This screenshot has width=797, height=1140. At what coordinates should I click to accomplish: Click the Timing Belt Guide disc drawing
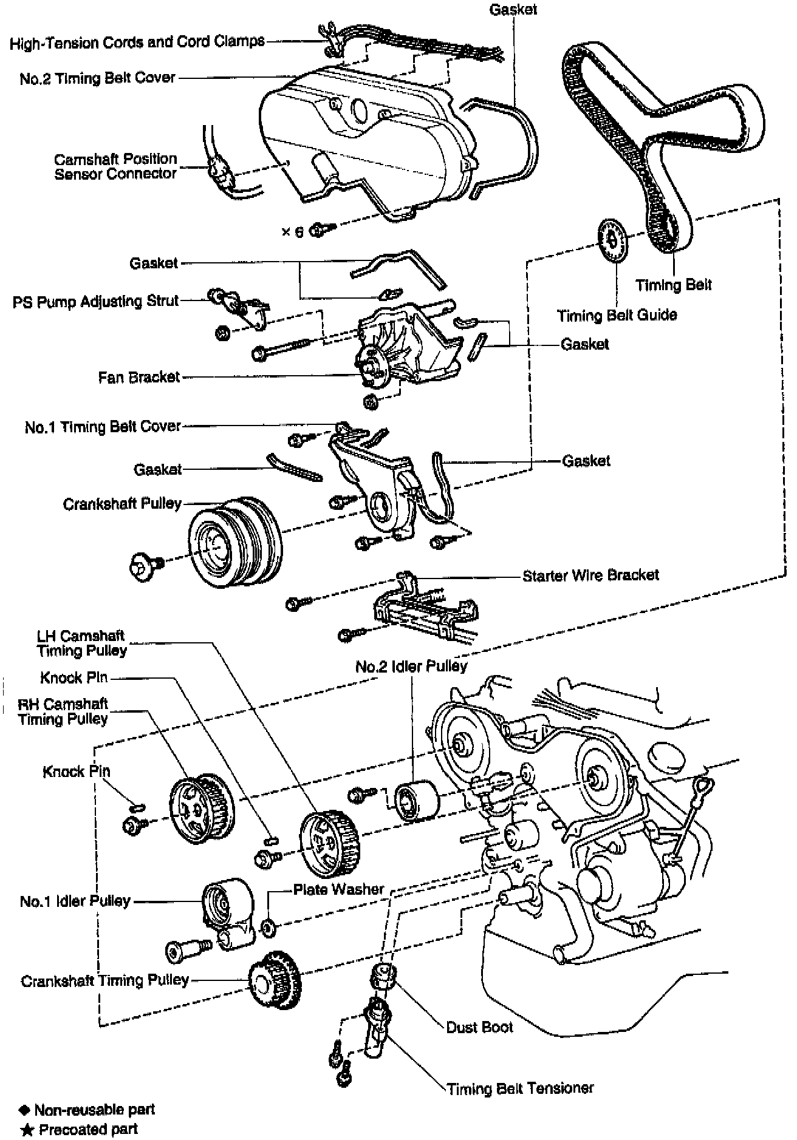click(614, 241)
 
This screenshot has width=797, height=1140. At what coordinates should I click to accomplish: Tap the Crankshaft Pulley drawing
click(234, 543)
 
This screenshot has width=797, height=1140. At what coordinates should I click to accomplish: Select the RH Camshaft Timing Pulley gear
click(200, 807)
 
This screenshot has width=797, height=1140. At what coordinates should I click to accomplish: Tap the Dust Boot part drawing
click(384, 977)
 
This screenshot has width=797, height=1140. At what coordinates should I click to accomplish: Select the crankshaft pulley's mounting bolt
click(144, 566)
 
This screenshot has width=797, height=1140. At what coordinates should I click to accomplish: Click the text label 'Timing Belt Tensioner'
click(520, 1088)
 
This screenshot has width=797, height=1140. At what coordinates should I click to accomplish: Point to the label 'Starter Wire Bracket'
click(590, 575)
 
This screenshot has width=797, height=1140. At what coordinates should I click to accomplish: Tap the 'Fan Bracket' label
click(139, 378)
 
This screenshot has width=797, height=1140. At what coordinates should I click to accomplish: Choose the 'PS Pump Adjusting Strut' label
click(96, 302)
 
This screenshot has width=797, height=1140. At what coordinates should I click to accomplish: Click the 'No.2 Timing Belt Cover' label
click(97, 78)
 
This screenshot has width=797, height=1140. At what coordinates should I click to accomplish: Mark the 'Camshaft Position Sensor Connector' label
click(115, 166)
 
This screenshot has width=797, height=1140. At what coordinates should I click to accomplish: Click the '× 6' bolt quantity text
click(292, 232)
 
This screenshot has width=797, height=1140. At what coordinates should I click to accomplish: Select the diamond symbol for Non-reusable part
click(24, 1110)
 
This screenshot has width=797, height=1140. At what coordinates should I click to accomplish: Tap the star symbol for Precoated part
click(26, 1130)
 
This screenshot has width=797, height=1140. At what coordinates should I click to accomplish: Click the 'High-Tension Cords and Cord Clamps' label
click(137, 42)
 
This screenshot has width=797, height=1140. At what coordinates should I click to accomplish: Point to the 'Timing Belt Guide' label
click(617, 316)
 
